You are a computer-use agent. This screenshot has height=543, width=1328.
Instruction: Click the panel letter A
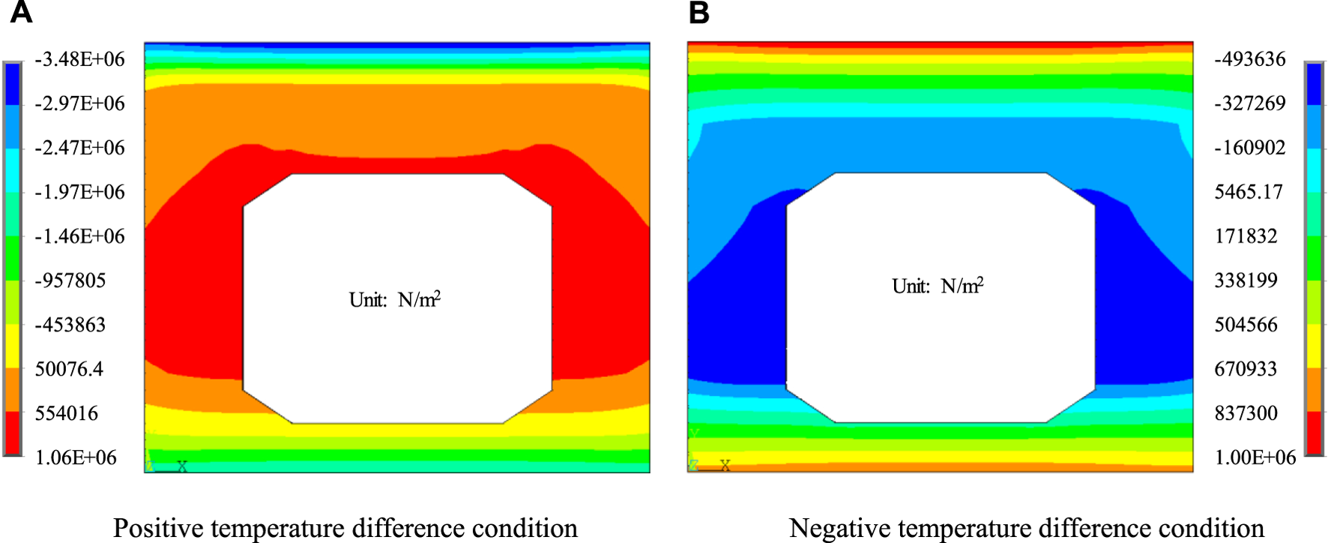click(21, 13)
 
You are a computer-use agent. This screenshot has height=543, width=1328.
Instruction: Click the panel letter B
click(698, 13)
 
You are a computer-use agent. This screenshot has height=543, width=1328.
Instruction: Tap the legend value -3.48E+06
click(80, 59)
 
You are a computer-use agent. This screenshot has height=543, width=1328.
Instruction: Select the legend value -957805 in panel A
click(70, 280)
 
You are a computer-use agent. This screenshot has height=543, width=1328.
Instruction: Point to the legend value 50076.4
click(69, 369)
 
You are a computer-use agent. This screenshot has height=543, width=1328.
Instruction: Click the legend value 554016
click(67, 413)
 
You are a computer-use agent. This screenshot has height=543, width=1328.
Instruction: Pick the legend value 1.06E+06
click(76, 457)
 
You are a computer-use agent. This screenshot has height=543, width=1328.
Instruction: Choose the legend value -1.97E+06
click(80, 192)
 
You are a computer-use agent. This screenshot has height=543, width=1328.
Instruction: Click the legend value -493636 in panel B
click(1250, 59)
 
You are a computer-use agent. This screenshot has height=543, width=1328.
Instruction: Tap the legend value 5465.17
click(1249, 192)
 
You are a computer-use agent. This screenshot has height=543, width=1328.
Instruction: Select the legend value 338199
click(1246, 280)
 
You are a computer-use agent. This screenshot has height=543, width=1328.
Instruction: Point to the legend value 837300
click(1246, 413)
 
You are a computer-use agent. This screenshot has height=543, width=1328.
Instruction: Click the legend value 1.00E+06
click(1255, 457)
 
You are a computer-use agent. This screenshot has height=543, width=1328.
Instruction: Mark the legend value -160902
click(1250, 148)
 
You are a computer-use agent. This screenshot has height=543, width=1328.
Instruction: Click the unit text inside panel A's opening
click(395, 300)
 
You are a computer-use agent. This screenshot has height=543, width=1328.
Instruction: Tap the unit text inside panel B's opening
click(938, 286)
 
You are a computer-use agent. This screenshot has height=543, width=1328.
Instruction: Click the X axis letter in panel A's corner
click(182, 466)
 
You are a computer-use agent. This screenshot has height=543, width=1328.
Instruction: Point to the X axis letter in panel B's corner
click(725, 466)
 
